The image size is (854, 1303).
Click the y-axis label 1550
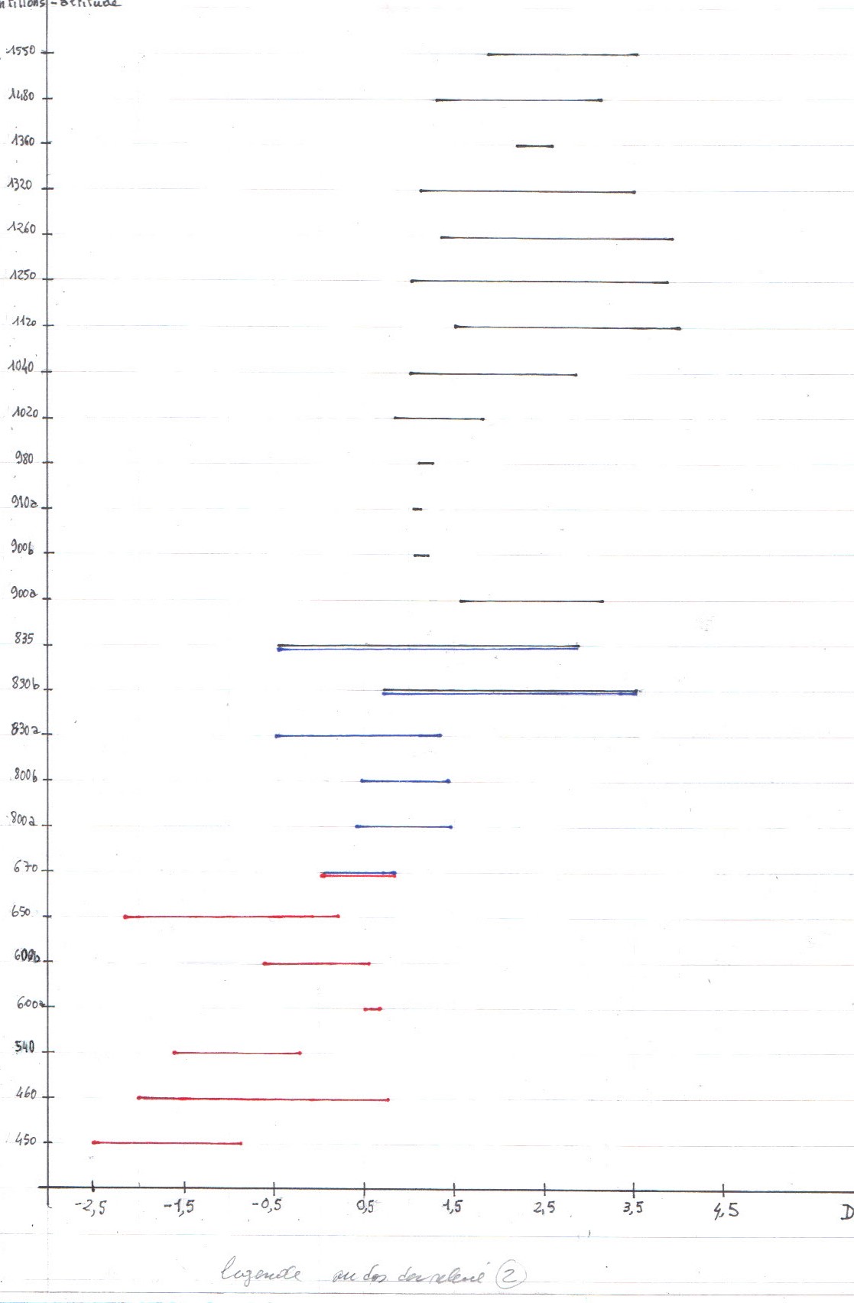pyautogui.click(x=21, y=50)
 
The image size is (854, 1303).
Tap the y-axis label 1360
pyautogui.click(x=23, y=141)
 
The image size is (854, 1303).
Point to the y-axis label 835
pyautogui.click(x=24, y=638)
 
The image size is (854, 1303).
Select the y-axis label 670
pyautogui.click(x=24, y=867)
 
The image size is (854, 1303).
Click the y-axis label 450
pyautogui.click(x=25, y=1140)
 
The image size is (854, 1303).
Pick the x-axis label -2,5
pyautogui.click(x=90, y=1208)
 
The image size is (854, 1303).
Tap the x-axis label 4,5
pyautogui.click(x=726, y=1210)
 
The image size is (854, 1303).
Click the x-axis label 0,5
pyautogui.click(x=365, y=1207)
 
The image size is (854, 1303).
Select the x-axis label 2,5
pyautogui.click(x=544, y=1208)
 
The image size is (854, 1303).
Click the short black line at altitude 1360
pyautogui.click(x=534, y=145)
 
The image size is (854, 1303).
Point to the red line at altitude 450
pyautogui.click(x=167, y=1142)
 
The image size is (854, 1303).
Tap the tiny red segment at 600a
pyautogui.click(x=372, y=1009)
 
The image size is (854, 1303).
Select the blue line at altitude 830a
pyautogui.click(x=358, y=735)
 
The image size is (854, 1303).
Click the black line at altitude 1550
pyautogui.click(x=563, y=54)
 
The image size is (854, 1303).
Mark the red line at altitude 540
pyautogui.click(x=237, y=1053)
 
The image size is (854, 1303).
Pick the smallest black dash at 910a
pyautogui.click(x=417, y=509)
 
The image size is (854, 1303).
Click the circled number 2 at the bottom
pyautogui.click(x=510, y=1275)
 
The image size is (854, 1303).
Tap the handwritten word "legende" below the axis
pyautogui.click(x=261, y=1272)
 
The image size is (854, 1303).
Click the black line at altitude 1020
pyautogui.click(x=439, y=419)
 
